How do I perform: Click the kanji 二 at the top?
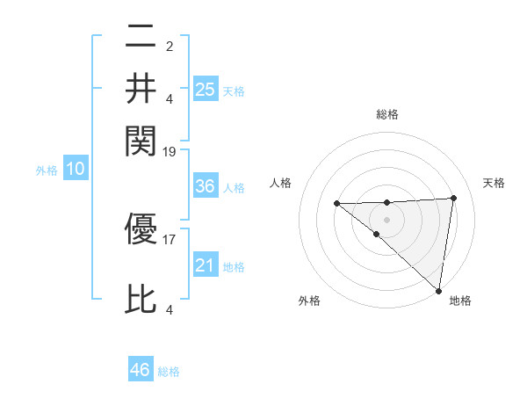141,38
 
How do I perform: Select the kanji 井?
141,88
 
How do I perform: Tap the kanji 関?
141,139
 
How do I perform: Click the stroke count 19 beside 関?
170,151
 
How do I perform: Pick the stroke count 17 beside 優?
170,237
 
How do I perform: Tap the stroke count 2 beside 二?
169,45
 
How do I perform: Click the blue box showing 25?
205,89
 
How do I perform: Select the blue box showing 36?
205,186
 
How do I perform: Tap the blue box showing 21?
205,265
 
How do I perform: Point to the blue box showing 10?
75,170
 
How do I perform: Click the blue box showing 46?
141,370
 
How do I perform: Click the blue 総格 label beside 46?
169,372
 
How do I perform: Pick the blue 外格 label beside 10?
47,170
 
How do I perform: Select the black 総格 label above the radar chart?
387,114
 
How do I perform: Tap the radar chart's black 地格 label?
460,301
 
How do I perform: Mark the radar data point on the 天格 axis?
454,198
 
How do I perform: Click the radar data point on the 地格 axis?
438,291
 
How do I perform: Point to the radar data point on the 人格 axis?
336,204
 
